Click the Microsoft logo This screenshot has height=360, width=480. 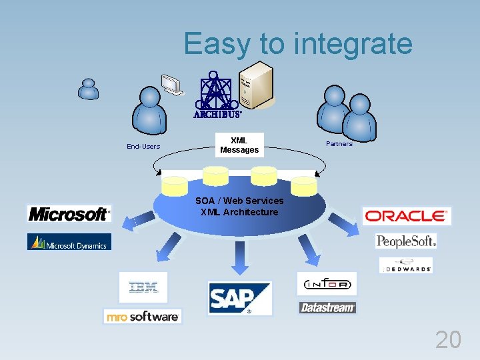click(69, 214)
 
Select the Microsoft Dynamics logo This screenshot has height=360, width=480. click(69, 243)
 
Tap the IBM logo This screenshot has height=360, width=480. click(143, 287)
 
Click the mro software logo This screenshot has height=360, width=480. click(143, 316)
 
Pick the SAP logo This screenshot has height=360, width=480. click(239, 298)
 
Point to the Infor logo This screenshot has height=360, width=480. click(327, 284)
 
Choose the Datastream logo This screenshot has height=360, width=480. click(327, 307)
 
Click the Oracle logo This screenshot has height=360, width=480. click(406, 216)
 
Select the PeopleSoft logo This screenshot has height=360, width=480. click(406, 241)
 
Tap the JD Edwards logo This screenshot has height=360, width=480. click(406, 266)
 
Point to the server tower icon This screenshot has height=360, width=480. click(256, 87)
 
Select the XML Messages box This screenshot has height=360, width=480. click(239, 145)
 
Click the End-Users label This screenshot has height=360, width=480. click(143, 147)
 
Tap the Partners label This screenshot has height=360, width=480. click(339, 144)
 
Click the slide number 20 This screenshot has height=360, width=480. click(448, 340)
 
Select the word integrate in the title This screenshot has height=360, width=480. click(353, 44)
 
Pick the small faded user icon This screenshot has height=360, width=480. click(88, 89)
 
